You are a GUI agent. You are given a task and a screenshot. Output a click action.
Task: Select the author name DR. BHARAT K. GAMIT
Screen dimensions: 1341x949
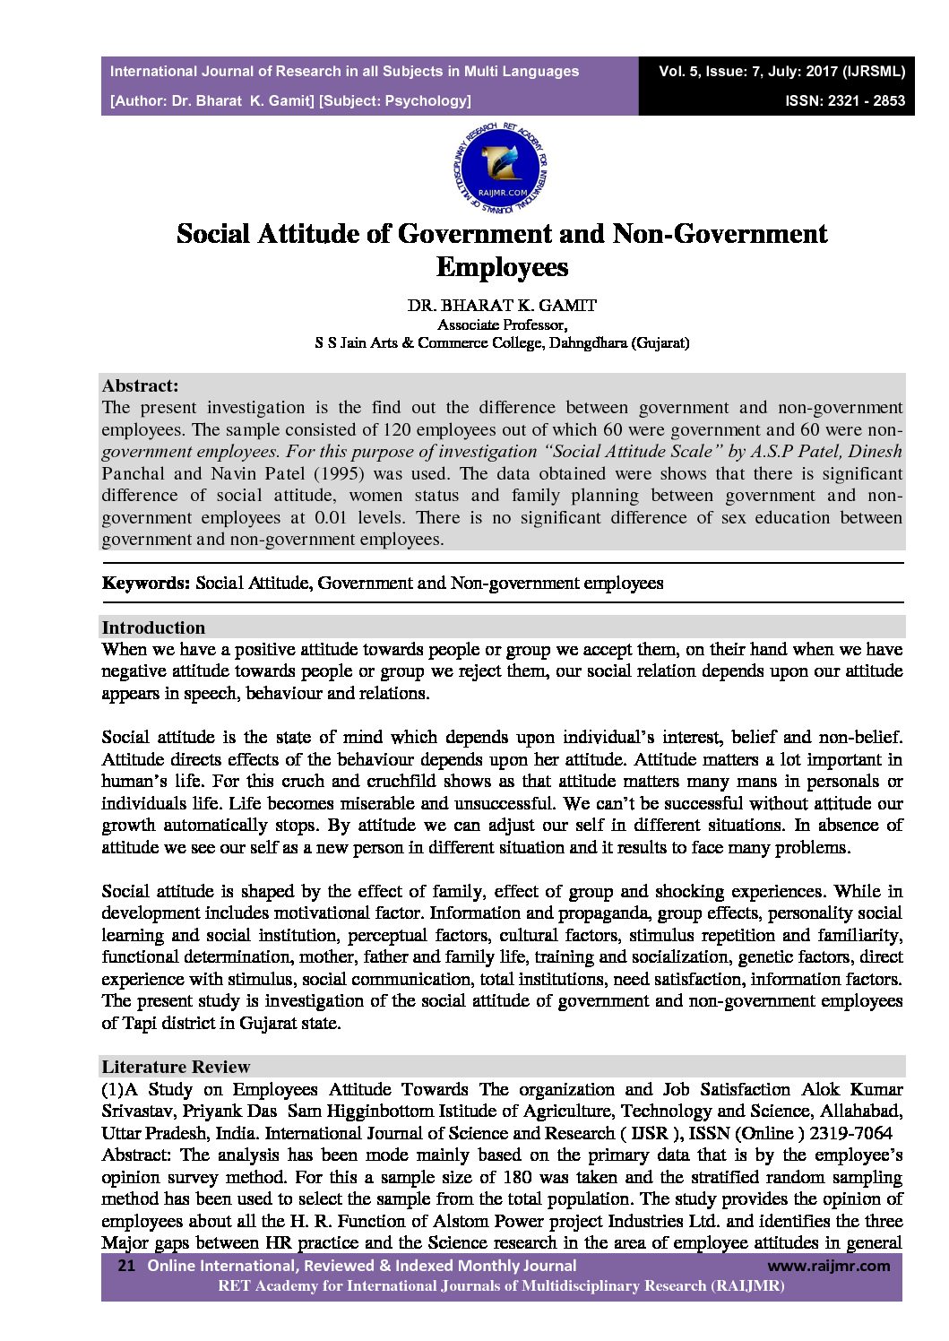click(502, 305)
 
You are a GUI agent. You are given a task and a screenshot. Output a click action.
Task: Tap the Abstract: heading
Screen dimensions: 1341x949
click(140, 386)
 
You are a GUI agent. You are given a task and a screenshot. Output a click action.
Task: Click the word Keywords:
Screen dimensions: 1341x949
click(146, 584)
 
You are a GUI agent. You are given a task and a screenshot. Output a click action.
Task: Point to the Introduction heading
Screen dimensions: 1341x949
click(153, 627)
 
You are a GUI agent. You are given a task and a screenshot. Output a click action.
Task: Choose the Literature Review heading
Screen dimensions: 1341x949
click(176, 1067)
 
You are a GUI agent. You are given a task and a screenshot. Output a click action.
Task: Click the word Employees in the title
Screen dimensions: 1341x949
click(502, 267)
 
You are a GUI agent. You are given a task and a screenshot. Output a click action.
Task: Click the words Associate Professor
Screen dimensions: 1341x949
click(502, 324)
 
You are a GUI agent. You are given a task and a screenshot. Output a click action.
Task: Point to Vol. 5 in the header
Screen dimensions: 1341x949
click(678, 71)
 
